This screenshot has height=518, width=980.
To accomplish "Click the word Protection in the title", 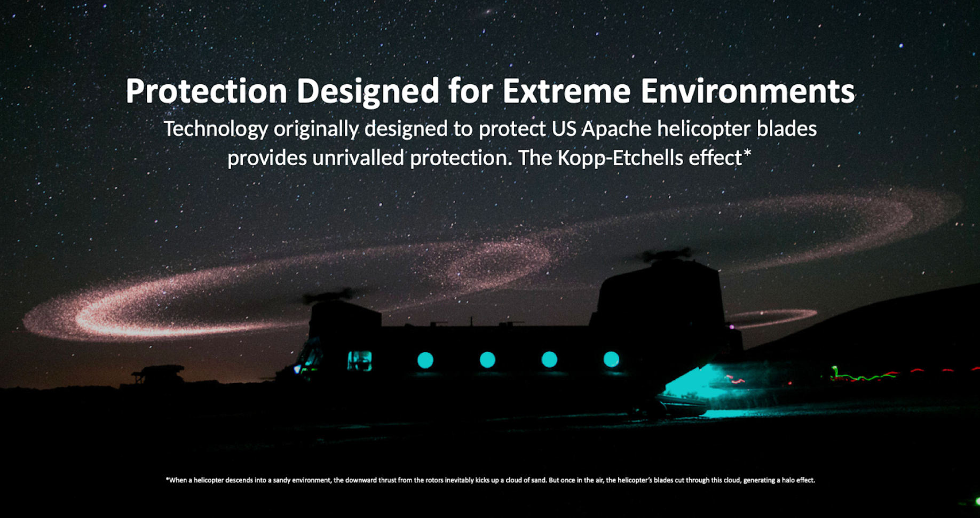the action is coord(207,91).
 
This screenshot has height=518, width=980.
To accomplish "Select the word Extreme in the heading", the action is coord(566,91).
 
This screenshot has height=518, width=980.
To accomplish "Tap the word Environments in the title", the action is coord(747,91).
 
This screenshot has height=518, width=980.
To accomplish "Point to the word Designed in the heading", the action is coord(368,92).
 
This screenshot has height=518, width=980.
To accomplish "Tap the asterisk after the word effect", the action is coord(747,153).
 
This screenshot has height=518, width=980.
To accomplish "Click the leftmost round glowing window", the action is coord(425,360).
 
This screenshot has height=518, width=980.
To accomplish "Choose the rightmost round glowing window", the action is coord(611,360).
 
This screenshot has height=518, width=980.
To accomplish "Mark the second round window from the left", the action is coord(487,360).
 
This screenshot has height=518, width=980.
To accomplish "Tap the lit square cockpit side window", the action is coord(360,361).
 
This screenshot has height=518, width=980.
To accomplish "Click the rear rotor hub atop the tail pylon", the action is coord(667,256).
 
